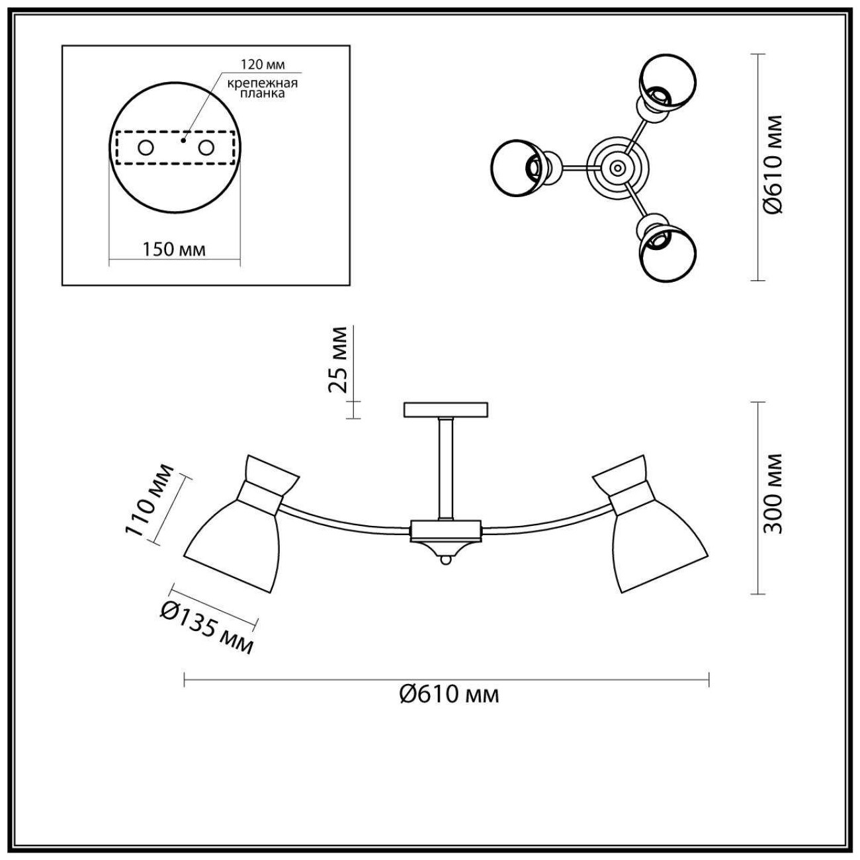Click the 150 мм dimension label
[x=174, y=249]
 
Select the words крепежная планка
[x=263, y=88]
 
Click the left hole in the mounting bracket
[x=145, y=148]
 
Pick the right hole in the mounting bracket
[x=206, y=148]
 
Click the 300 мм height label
[x=772, y=493]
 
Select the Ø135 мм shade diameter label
[x=206, y=628]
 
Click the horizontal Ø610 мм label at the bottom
[x=449, y=694]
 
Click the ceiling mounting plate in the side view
[x=445, y=409]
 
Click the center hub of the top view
[x=617, y=168]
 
